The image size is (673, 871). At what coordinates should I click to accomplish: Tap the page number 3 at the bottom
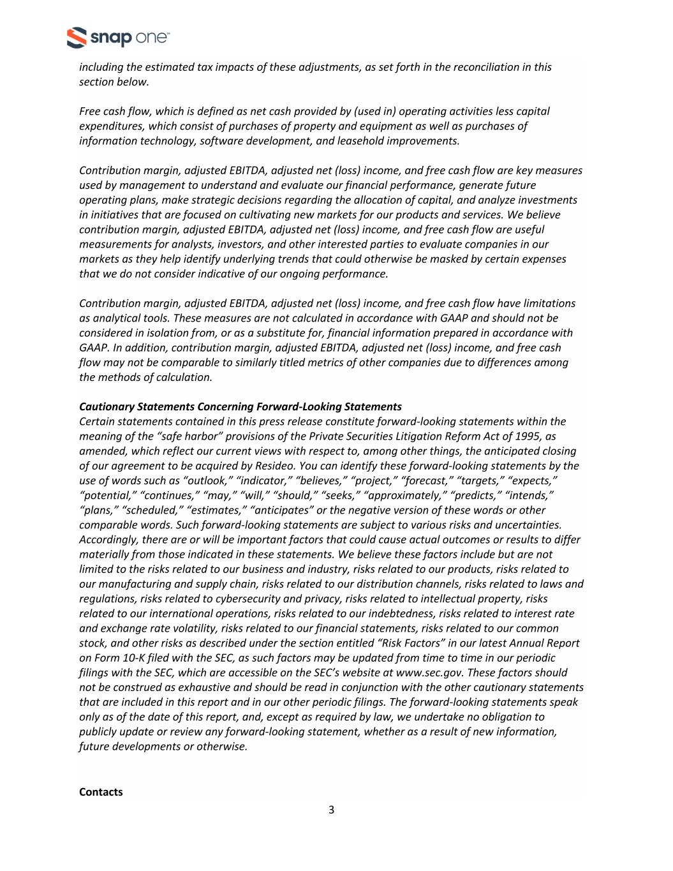tap(331, 810)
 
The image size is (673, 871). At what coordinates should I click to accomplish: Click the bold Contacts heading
tap(101, 792)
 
